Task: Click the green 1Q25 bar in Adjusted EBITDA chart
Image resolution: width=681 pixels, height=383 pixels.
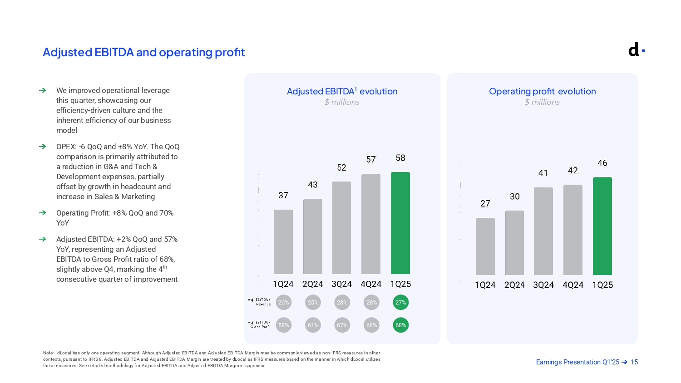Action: click(400, 223)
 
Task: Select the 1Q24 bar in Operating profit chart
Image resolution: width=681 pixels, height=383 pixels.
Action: click(485, 246)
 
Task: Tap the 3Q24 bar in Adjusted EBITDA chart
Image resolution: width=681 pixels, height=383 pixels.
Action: click(341, 228)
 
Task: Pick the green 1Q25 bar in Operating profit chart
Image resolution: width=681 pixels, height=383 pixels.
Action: click(602, 226)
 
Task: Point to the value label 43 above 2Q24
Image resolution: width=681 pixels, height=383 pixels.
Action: click(313, 185)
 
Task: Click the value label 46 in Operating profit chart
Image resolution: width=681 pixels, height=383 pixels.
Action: click(602, 163)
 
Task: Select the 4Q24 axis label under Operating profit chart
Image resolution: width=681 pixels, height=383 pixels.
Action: click(573, 285)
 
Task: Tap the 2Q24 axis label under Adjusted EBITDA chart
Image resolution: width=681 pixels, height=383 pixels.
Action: click(313, 284)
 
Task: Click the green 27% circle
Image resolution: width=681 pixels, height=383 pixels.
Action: click(400, 303)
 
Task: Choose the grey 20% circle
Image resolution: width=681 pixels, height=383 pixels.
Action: click(284, 303)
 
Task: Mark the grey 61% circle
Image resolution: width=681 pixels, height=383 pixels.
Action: click(313, 325)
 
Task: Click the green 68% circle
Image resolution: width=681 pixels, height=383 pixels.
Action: click(400, 325)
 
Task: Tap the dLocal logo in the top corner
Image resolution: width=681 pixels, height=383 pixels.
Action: click(636, 49)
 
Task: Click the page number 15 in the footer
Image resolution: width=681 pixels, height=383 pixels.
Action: click(634, 362)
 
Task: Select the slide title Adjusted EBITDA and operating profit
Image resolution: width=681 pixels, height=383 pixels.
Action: click(143, 53)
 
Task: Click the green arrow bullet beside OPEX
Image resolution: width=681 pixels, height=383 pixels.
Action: click(43, 147)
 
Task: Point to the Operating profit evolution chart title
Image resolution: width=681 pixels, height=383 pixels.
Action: click(542, 91)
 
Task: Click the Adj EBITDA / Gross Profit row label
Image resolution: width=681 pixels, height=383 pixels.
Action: click(260, 324)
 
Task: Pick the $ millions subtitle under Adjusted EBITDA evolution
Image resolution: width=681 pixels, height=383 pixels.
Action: click(342, 102)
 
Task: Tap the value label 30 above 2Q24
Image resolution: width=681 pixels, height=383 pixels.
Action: click(514, 196)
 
